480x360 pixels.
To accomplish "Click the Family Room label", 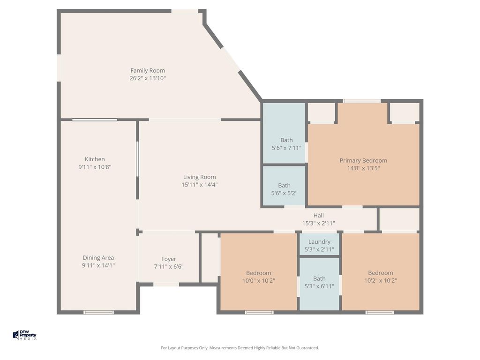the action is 148,71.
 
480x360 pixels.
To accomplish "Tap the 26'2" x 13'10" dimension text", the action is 148,78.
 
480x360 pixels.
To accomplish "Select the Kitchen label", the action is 95,159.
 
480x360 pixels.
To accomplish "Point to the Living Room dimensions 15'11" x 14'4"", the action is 200,185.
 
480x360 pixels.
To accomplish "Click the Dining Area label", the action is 98,258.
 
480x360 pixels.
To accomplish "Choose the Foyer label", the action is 169,259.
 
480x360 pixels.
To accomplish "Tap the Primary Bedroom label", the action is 363,160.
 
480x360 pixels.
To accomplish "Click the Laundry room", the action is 319,244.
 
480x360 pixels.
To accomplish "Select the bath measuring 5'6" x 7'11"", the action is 285,133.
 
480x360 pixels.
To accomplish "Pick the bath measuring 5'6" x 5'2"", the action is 285,186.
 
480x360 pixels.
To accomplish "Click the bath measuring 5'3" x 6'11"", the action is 319,284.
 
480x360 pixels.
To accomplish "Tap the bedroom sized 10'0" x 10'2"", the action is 259,272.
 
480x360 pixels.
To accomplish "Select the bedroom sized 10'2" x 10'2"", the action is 381,272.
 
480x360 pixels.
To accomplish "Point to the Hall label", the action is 319,216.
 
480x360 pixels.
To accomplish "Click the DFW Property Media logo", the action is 24,335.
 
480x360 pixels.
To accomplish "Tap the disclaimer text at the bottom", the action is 240,348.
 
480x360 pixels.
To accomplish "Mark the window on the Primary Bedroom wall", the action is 361,101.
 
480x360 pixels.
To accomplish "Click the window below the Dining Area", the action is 98,312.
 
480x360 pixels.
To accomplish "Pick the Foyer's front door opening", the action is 166,285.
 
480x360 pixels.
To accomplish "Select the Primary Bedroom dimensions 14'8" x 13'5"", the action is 363,168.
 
